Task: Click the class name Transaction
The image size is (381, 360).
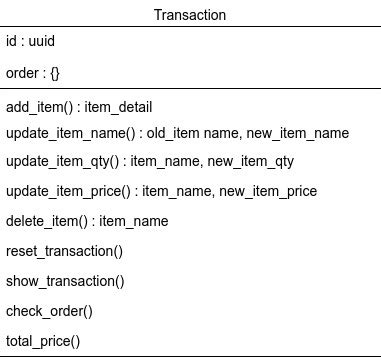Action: point(190,15)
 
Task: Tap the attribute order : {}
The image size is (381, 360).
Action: point(33,74)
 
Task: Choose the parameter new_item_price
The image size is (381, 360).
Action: point(268,191)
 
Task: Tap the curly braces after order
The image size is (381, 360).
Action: point(54,74)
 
